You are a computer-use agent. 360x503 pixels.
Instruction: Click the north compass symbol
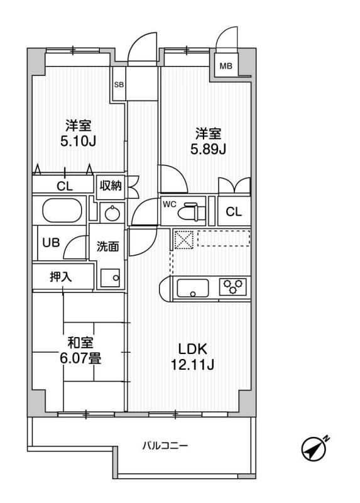pyautogui.click(x=315, y=447)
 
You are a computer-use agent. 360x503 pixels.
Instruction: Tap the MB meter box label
pyautogui.click(x=226, y=66)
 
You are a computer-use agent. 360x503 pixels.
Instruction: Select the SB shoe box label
pyautogui.click(x=119, y=86)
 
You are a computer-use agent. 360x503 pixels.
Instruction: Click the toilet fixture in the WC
pyautogui.click(x=192, y=212)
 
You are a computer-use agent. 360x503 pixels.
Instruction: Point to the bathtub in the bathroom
pyautogui.click(x=62, y=211)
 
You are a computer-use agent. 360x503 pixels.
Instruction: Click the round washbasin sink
pyautogui.click(x=112, y=213)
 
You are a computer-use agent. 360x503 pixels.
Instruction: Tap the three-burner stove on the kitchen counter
pyautogui.click(x=232, y=287)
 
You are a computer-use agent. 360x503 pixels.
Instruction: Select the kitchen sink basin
pyautogui.click(x=193, y=288)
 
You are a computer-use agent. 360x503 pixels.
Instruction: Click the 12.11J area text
pyautogui.click(x=192, y=365)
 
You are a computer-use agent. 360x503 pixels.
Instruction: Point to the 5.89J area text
pyautogui.click(x=208, y=149)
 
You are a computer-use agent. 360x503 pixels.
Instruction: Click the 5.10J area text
pyautogui.click(x=78, y=141)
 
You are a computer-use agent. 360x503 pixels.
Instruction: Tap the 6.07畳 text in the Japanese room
pyautogui.click(x=80, y=358)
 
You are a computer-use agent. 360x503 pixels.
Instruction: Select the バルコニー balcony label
pyautogui.click(x=165, y=446)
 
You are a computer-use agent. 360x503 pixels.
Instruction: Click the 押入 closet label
pyautogui.click(x=60, y=277)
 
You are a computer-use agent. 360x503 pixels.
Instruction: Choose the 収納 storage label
pyautogui.click(x=110, y=185)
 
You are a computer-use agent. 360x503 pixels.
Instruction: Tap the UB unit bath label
pyautogui.click(x=52, y=243)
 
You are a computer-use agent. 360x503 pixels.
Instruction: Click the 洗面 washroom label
pyautogui.click(x=107, y=246)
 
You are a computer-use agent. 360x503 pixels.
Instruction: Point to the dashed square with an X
pyautogui.click(x=183, y=240)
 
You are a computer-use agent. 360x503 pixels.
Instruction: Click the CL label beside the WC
pyautogui.click(x=234, y=212)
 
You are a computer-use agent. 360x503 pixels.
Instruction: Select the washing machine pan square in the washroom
pyautogui.click(x=111, y=278)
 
